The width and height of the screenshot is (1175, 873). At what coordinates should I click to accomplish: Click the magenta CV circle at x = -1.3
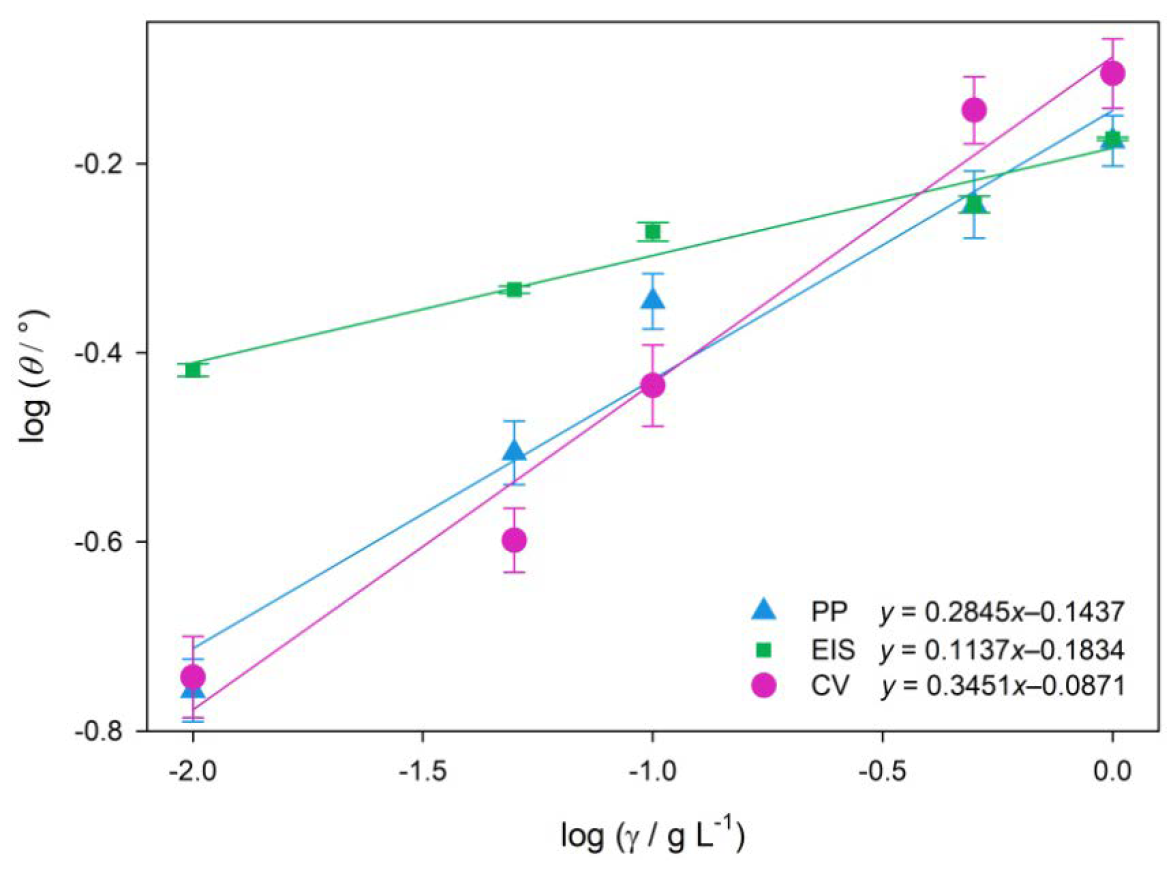coord(513,540)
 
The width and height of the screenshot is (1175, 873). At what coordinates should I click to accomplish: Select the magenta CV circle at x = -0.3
coord(973,110)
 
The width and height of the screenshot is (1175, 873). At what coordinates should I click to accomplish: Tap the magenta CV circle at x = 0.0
coord(1112,73)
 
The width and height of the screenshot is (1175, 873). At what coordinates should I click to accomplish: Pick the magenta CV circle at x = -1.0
coord(652,385)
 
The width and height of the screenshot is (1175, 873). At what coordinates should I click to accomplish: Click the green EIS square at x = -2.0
coord(193,370)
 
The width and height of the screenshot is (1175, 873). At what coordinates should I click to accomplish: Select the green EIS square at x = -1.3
coord(513,289)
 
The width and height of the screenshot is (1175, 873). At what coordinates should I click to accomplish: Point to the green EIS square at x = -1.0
coord(652,231)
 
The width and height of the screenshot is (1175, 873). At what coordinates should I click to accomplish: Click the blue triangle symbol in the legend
coord(763,610)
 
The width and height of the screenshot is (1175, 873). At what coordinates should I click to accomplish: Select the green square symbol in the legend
coord(763,650)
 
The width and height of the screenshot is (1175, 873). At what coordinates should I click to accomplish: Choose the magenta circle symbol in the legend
coord(763,686)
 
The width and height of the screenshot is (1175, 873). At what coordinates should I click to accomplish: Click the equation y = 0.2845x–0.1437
coord(1001,612)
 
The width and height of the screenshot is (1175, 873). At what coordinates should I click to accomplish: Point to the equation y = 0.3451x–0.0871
coord(1001,686)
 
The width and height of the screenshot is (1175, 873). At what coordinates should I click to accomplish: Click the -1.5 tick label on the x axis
coord(422,772)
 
